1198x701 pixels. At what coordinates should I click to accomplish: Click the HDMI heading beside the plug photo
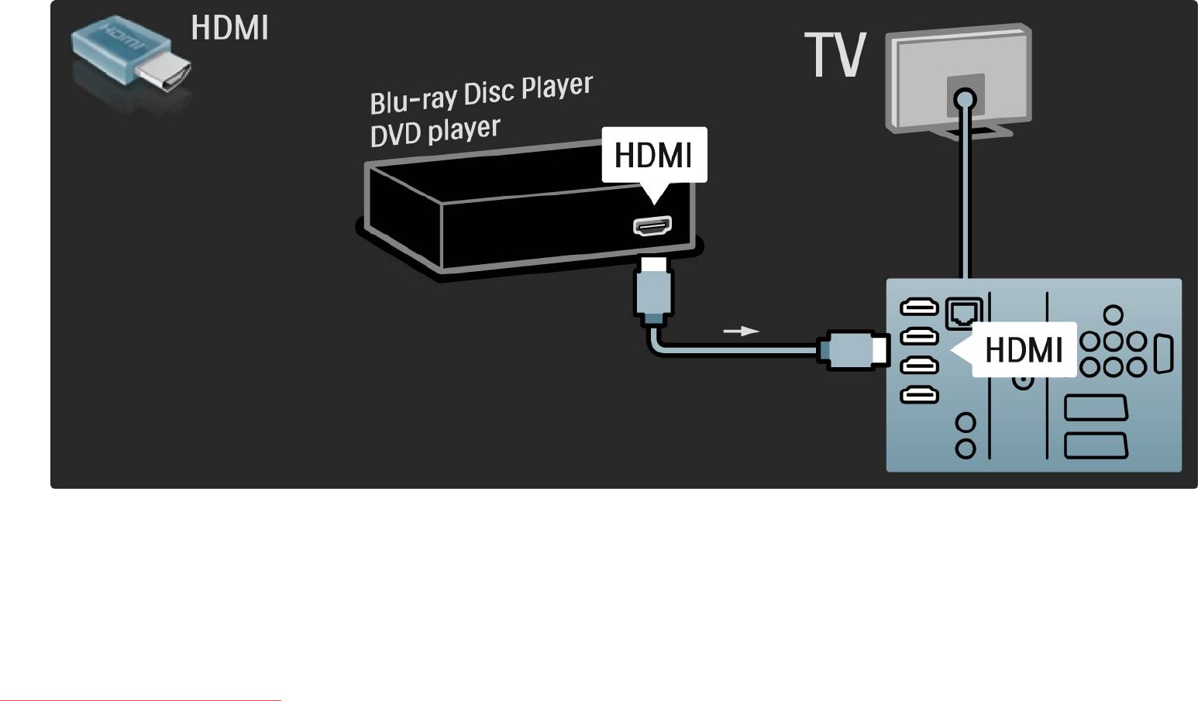229,29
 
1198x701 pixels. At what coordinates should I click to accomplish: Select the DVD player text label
435,132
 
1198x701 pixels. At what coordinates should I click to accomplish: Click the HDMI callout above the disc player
654,155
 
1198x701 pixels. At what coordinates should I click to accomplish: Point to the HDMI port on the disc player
652,226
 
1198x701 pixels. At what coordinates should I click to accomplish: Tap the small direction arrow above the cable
741,331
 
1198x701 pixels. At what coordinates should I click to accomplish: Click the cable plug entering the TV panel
852,349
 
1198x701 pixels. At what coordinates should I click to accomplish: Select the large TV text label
835,55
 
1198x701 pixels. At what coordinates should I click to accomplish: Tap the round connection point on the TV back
965,99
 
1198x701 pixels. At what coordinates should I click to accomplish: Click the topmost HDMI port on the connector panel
919,308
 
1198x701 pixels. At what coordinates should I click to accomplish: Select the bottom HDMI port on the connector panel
919,396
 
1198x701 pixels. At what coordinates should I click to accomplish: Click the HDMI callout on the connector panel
1023,350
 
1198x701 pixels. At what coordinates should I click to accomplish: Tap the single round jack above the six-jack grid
1114,314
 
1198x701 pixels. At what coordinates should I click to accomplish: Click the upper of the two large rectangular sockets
1095,407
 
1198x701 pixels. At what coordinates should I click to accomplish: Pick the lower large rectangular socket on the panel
1095,445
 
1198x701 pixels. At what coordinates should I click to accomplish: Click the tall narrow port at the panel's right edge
1163,354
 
